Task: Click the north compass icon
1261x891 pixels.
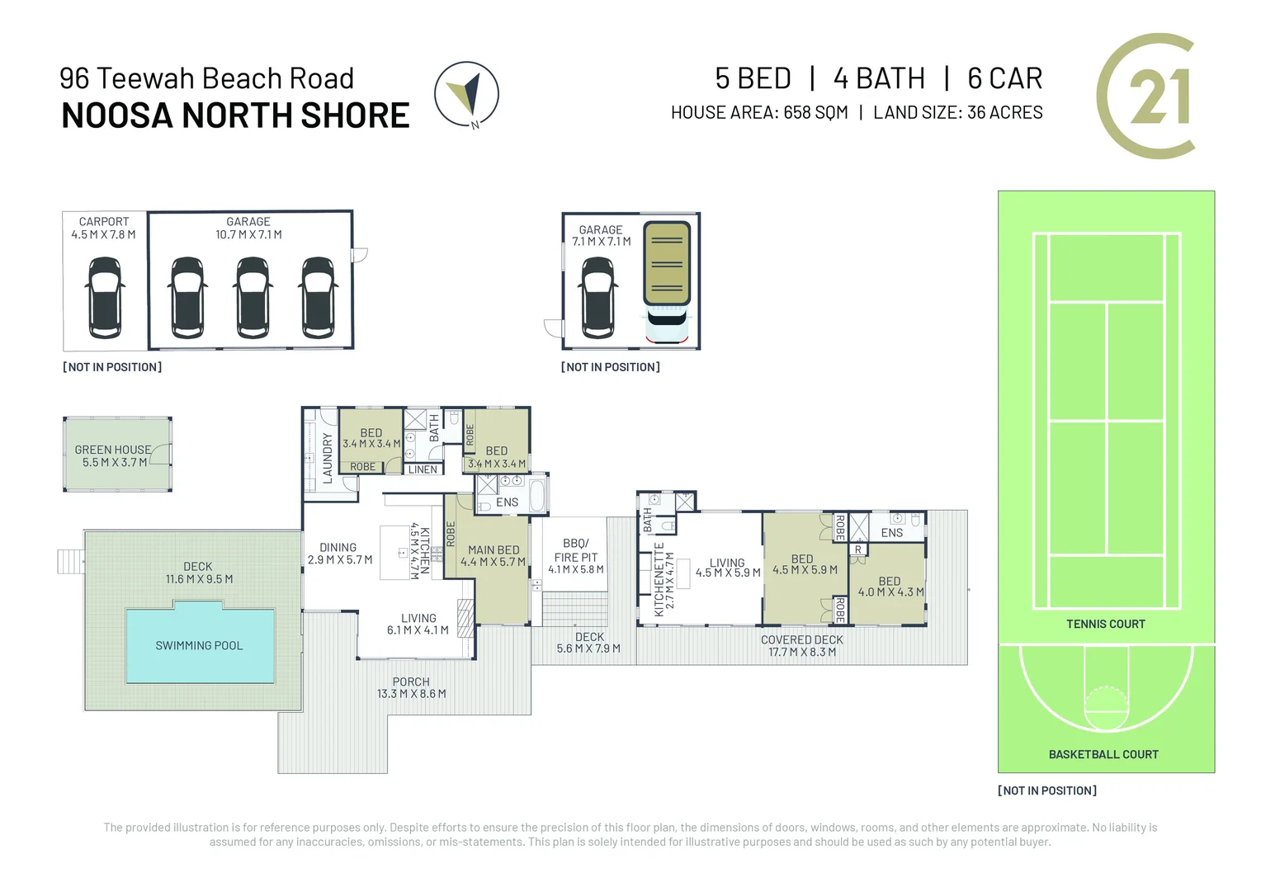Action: (x=467, y=95)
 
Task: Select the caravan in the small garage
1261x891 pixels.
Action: (x=667, y=280)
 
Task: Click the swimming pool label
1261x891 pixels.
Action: (x=199, y=646)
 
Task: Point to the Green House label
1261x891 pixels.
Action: (x=113, y=450)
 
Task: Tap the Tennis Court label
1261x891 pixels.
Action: (x=1105, y=624)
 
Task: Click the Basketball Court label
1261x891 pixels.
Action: (x=1103, y=754)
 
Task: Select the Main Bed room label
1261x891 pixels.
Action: (x=494, y=549)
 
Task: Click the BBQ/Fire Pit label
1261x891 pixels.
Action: (x=576, y=550)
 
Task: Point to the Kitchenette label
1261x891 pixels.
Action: (x=659, y=579)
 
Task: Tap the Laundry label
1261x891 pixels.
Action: (x=328, y=458)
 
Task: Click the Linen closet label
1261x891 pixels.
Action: (x=423, y=469)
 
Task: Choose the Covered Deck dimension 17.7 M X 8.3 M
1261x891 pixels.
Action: (x=801, y=652)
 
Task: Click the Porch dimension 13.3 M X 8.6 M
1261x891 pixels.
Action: (x=411, y=694)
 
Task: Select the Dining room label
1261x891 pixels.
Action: (x=338, y=547)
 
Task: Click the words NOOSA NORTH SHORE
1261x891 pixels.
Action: (x=235, y=115)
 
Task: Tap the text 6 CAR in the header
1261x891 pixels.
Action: (x=1004, y=78)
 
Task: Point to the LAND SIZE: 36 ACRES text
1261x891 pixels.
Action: (x=957, y=112)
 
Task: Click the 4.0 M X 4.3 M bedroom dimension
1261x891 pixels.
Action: (x=890, y=592)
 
